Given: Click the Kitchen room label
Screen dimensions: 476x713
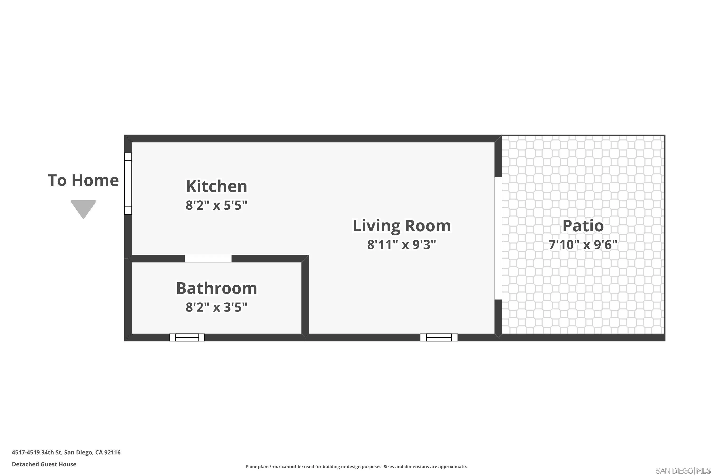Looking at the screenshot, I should tap(217, 186).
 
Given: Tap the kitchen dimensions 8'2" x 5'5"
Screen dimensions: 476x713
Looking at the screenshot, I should tap(217, 205).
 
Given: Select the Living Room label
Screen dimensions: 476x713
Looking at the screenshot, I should tap(401, 226).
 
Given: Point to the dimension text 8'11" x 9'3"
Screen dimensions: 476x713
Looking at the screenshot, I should tap(401, 245).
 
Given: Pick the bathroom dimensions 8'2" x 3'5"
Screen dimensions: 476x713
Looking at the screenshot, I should tap(217, 307).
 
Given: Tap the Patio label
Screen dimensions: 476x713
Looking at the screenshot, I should tap(583, 226).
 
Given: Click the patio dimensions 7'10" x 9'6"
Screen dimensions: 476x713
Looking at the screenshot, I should tap(583, 245).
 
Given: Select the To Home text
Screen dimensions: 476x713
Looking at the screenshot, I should tap(83, 180).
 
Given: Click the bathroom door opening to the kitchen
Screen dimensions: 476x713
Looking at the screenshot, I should tap(208, 258).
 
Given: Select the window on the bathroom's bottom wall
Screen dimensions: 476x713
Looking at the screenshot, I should tap(187, 337).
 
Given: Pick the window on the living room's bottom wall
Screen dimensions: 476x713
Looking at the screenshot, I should tap(439, 337).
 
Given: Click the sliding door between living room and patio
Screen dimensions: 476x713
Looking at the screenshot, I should tap(498, 238).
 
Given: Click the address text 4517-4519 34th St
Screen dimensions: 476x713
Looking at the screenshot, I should tap(66, 452).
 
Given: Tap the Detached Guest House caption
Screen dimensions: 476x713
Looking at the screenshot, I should tap(44, 464).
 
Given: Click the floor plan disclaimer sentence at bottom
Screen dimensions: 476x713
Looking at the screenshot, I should tap(356, 466).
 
